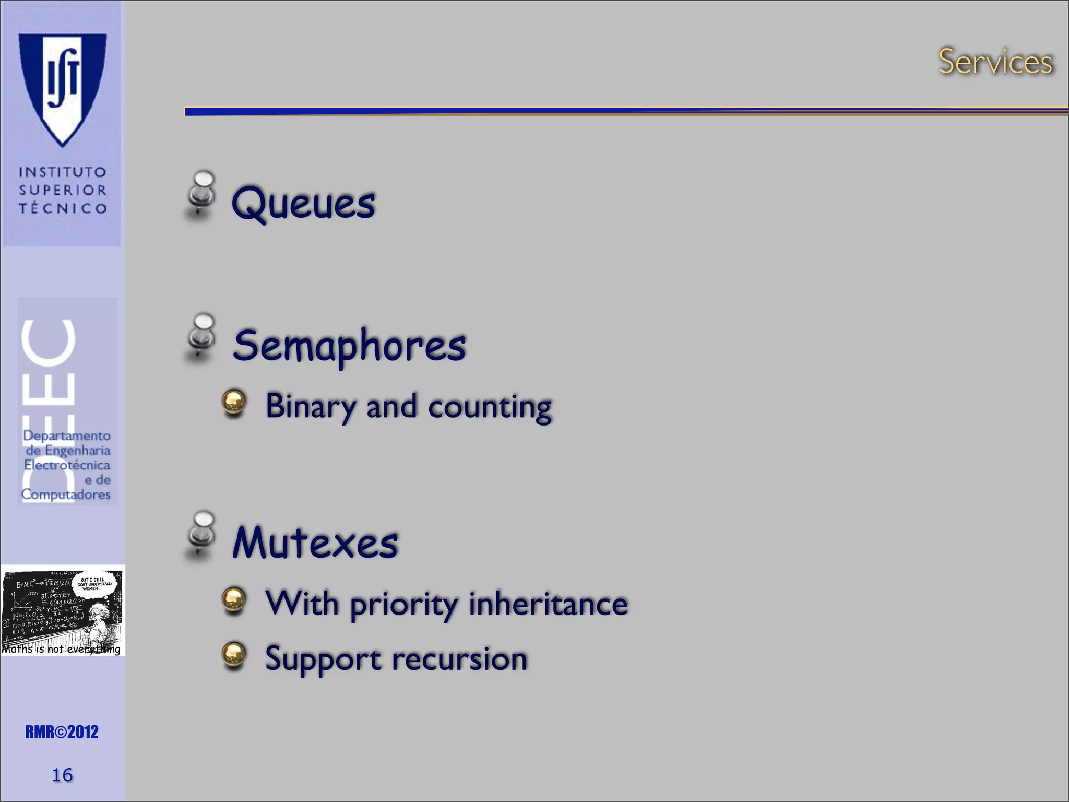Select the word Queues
point(303,204)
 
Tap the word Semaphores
point(349,346)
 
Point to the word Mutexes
point(315,542)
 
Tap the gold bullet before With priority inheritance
point(234,600)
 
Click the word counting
point(490,407)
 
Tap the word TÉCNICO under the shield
point(63,208)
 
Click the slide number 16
point(62,775)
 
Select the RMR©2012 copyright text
point(62,732)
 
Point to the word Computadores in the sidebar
point(66,494)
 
